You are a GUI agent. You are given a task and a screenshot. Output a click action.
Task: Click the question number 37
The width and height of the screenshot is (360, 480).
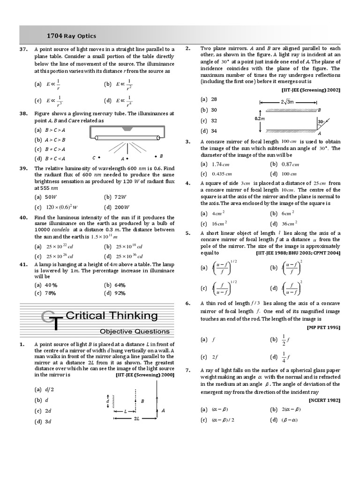(23, 49)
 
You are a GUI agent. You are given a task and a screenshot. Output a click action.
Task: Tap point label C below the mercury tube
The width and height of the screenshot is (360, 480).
(94, 157)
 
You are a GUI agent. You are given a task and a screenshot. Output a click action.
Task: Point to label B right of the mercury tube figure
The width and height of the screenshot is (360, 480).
(161, 156)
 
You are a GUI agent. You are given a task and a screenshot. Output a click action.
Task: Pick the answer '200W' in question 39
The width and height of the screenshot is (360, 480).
(123, 207)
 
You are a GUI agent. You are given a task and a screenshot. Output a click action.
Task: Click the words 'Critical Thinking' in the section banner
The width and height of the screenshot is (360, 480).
(112, 315)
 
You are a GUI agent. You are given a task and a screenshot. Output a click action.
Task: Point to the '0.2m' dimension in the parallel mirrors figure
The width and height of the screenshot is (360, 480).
(260, 119)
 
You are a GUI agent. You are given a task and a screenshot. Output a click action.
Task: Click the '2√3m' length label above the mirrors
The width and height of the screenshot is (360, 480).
(286, 102)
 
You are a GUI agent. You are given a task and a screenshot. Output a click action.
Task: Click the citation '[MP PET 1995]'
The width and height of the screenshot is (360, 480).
(323, 327)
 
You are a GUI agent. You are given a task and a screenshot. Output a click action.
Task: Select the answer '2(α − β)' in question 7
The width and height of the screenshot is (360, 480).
(291, 409)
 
